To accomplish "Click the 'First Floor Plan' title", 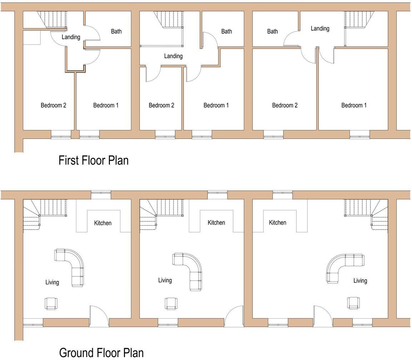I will [93, 160].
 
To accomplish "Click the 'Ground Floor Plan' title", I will [101, 352].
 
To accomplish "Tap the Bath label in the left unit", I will [116, 31].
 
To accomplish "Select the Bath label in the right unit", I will [272, 31].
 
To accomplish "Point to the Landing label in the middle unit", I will [173, 56].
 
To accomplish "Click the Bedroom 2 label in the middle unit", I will [161, 105].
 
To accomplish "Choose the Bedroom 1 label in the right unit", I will [354, 105].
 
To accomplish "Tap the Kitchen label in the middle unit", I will [216, 222].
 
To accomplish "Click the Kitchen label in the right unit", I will [277, 222].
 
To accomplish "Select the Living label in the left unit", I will [52, 282].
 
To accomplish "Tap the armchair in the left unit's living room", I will [51, 304].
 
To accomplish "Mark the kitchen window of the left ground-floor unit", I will [101, 193].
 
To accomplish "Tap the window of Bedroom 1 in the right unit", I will [360, 134].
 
